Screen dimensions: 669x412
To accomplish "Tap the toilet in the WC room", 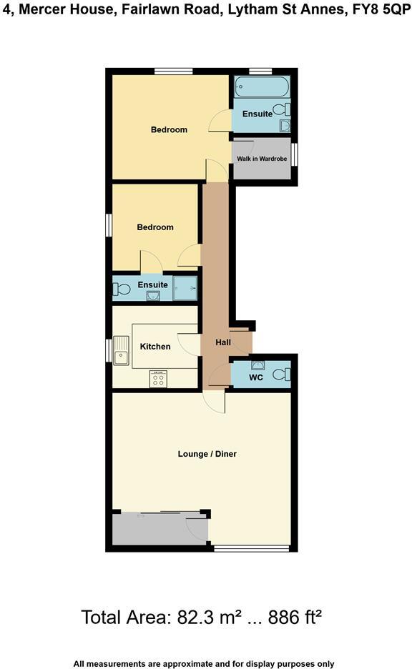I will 286,374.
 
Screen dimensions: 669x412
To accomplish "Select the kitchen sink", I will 122,350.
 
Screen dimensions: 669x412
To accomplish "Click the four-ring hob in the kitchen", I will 158,380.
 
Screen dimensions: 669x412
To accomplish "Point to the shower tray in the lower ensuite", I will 185,289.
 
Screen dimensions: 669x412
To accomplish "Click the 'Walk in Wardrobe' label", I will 262,159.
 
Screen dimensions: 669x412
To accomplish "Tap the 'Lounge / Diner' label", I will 207,454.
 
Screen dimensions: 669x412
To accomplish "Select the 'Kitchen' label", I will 155,347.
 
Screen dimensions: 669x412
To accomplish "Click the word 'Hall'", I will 223,343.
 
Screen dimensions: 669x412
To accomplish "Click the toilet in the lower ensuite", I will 122,289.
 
